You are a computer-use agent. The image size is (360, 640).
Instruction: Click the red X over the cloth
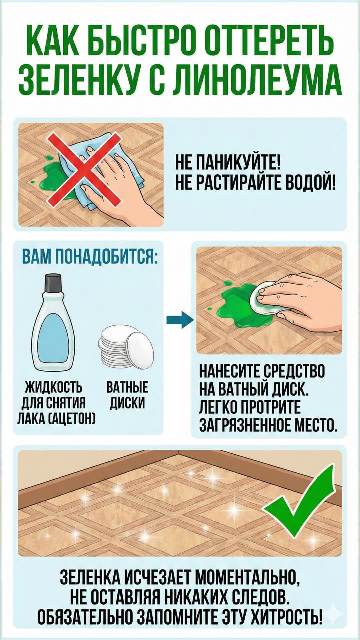click(x=84, y=168)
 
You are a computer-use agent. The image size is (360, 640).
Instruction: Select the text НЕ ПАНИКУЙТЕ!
click(x=228, y=164)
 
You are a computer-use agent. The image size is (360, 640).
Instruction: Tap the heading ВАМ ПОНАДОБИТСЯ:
click(x=90, y=258)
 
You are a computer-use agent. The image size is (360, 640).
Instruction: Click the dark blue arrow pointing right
click(x=180, y=320)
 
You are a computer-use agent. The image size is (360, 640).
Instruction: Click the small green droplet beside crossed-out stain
click(x=33, y=182)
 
